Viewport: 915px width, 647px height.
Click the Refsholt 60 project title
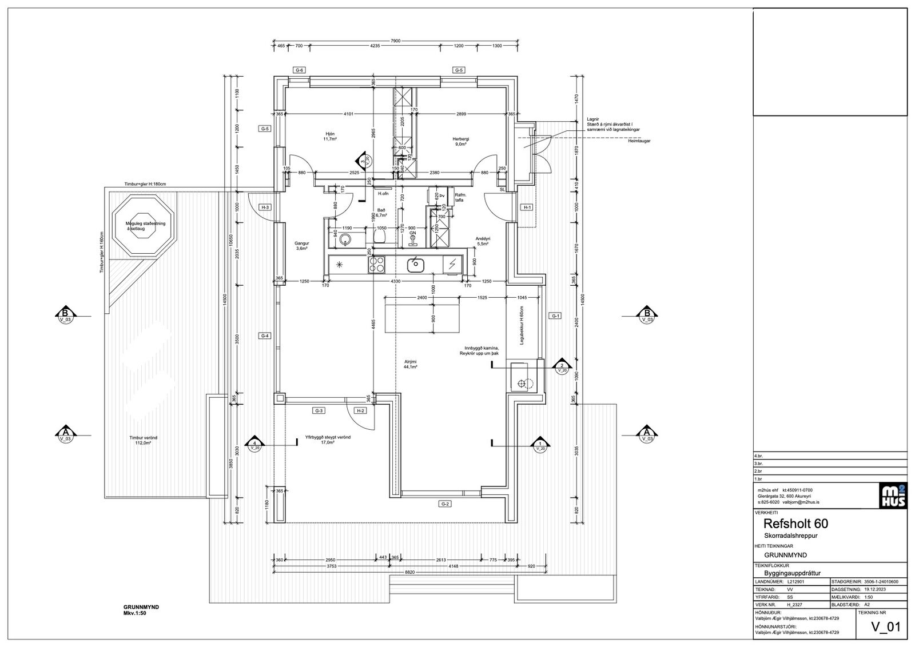pos(795,523)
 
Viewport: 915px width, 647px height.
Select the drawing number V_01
pos(885,628)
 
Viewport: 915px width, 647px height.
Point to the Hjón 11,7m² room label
pos(330,135)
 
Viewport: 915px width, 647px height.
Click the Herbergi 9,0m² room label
pos(461,141)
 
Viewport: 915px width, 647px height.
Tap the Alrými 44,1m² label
pos(410,364)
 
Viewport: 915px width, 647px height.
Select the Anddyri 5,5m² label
pos(483,241)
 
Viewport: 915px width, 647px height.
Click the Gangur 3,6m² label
pos(302,246)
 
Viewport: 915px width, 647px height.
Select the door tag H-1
pos(527,207)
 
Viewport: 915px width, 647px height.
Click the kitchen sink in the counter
pos(415,264)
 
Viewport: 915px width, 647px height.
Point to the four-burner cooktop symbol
pos(376,264)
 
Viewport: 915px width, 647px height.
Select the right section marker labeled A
pos(646,435)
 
